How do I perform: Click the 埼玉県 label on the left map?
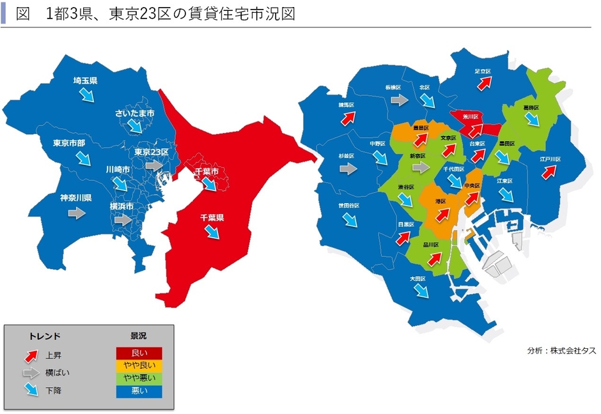click(x=84, y=81)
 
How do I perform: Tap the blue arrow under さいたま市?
click(x=134, y=125)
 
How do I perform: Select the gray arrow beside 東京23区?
click(x=153, y=165)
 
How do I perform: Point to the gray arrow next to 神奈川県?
click(x=77, y=213)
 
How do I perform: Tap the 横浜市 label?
click(x=121, y=206)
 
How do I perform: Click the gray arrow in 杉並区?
click(x=348, y=169)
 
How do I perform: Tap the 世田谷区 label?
click(x=348, y=206)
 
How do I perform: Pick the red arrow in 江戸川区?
click(x=549, y=171)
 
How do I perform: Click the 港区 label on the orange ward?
click(x=440, y=201)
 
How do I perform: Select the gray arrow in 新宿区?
click(x=420, y=167)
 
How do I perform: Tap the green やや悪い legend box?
click(x=139, y=378)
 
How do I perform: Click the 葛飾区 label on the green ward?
click(x=532, y=108)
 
